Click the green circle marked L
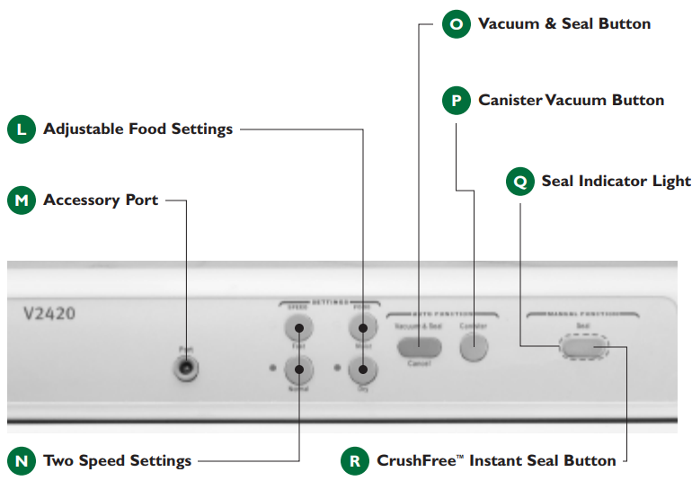coord(22,129)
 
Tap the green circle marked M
coord(22,200)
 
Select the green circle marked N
coord(22,461)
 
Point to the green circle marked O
coord(457,24)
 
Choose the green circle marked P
coord(457,100)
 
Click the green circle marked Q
coord(520,182)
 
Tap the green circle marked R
coord(355,461)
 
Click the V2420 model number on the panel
coord(49,315)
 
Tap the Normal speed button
coord(298,369)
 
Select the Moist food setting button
coord(361,325)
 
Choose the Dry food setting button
coord(361,369)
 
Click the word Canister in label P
coord(510,100)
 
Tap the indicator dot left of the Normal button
coord(271,368)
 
